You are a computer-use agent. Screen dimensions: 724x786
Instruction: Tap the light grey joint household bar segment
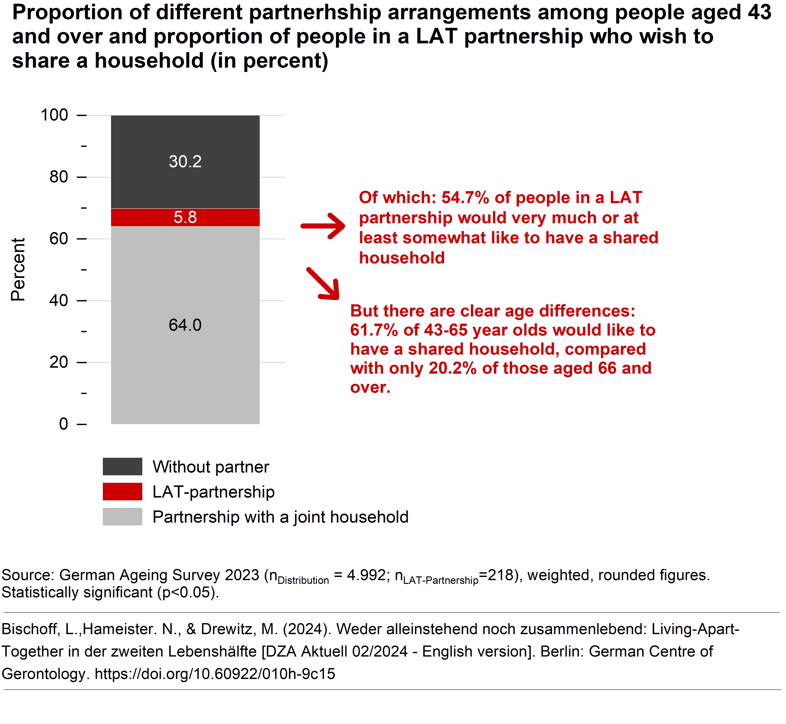click(185, 372)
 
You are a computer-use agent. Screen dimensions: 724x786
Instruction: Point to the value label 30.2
click(185, 161)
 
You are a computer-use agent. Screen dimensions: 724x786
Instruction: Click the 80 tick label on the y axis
click(59, 177)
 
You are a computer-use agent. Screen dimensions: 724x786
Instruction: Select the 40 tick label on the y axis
click(59, 300)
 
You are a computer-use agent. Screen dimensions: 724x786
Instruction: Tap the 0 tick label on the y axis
click(64, 424)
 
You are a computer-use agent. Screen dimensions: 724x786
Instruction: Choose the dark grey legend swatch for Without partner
click(122, 466)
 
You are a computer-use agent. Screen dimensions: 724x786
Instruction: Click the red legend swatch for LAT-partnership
click(122, 491)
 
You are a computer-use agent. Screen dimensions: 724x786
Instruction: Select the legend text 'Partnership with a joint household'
click(280, 517)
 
